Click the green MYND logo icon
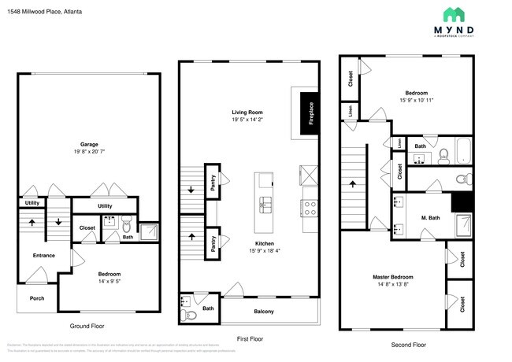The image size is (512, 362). coord(454,14)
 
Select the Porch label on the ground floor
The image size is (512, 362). coord(37,297)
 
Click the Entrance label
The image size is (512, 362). coord(44,256)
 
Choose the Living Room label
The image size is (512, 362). coord(247,112)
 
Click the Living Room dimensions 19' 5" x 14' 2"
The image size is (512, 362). coord(247,120)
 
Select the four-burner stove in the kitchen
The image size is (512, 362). coord(309,209)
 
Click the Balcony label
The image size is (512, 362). coord(264,312)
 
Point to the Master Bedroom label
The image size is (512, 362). coord(392,277)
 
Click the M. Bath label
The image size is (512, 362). coord(429,217)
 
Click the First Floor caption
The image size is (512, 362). coord(249,338)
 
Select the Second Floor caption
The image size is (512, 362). coord(408,345)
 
